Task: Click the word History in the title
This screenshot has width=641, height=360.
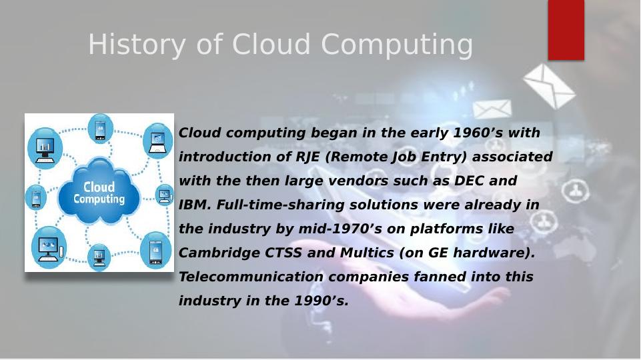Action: coord(137,45)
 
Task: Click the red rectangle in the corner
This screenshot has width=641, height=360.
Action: coord(566,30)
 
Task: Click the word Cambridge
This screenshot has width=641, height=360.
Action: coord(219,253)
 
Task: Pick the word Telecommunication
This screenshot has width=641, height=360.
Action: coord(251,277)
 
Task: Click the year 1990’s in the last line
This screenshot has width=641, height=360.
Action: coord(322,301)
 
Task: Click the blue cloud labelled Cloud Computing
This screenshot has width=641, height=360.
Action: coord(99,192)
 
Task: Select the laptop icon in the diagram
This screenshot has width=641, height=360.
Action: coord(157,142)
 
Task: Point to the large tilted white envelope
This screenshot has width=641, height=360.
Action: coord(550,86)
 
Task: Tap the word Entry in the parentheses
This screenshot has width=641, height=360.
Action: coord(445,157)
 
